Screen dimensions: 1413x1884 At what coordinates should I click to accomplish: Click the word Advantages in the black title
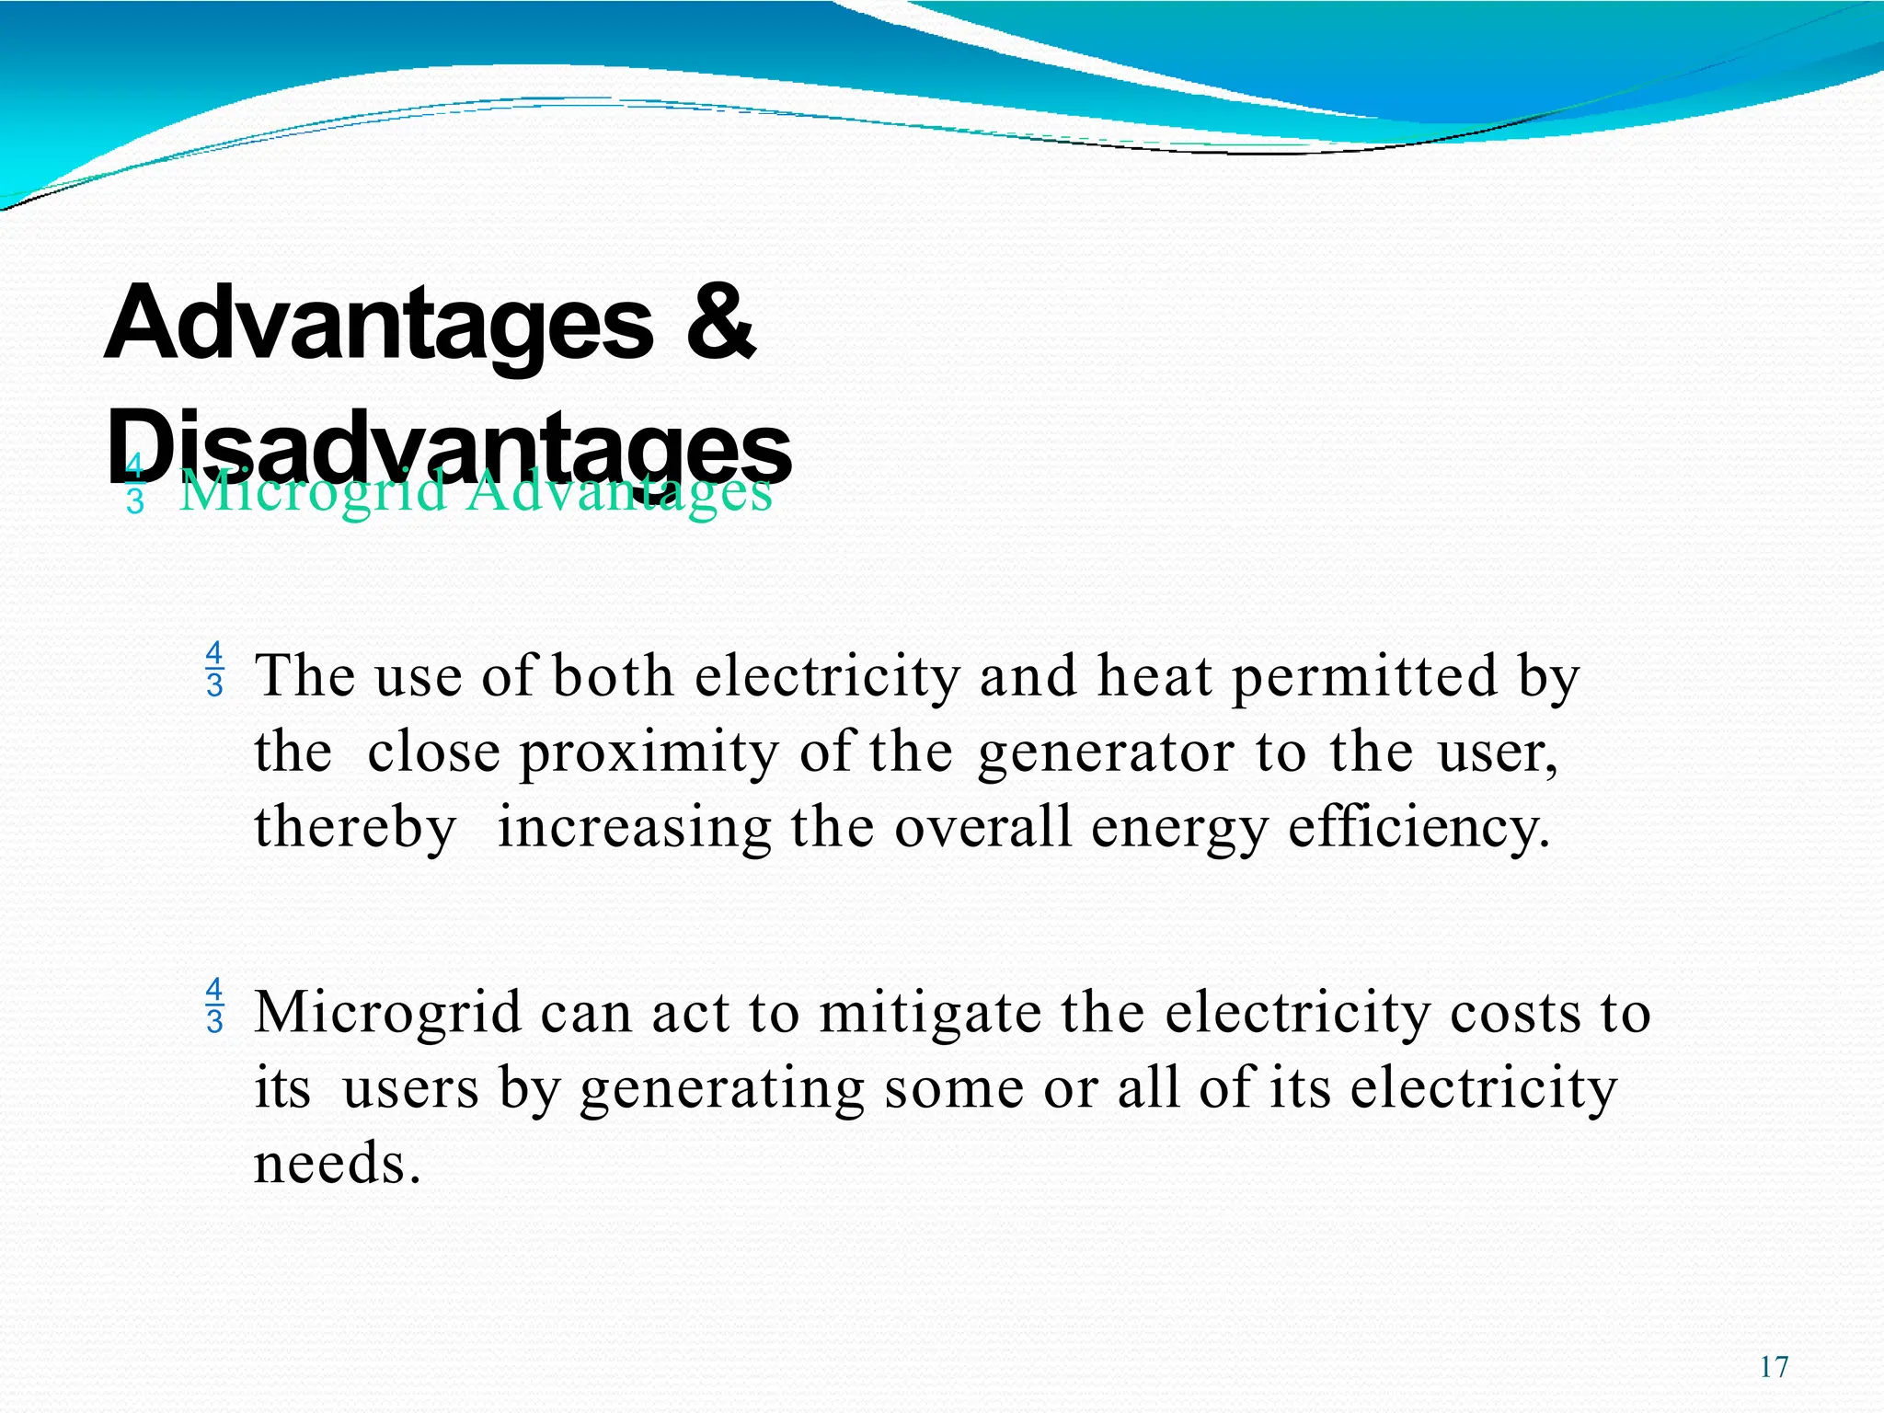point(378,324)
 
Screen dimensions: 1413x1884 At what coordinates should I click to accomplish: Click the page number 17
point(1774,1367)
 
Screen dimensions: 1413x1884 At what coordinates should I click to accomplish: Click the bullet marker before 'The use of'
point(214,670)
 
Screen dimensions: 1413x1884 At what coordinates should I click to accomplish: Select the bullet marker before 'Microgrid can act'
point(214,1005)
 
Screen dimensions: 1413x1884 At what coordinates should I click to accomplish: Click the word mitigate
point(930,1013)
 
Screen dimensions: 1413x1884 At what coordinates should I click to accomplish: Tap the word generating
point(722,1089)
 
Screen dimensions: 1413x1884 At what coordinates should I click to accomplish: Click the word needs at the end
point(337,1164)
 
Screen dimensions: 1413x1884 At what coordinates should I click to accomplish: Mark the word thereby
point(355,827)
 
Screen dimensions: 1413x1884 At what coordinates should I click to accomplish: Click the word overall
point(983,827)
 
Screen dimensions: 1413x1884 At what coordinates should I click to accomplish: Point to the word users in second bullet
point(410,1089)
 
